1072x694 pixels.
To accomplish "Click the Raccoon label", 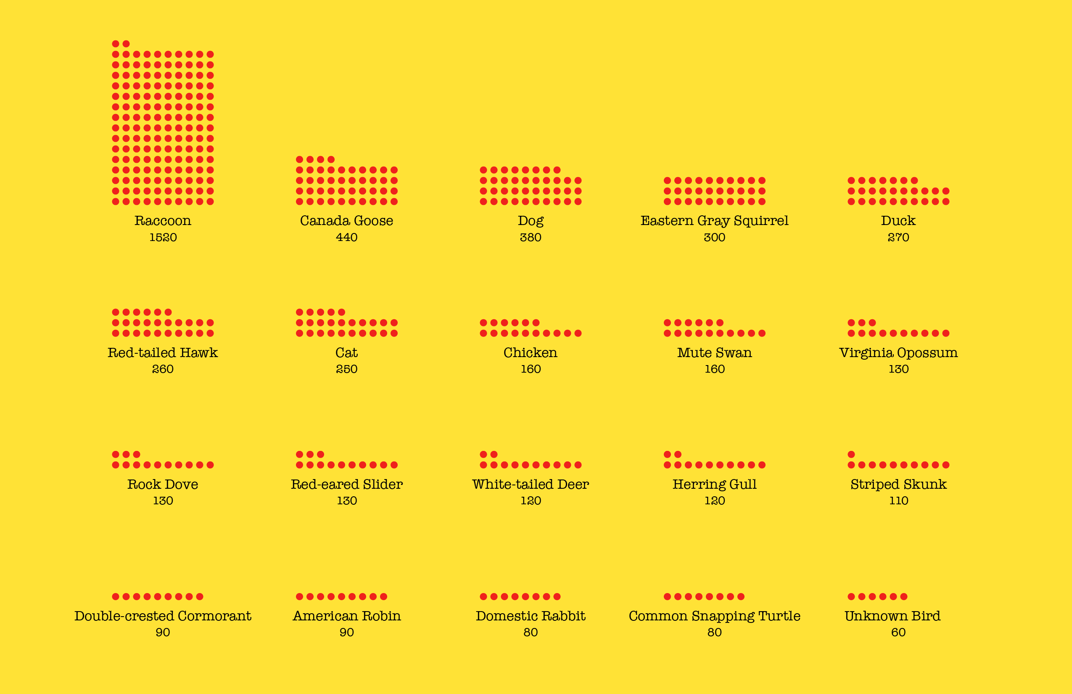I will point(163,221).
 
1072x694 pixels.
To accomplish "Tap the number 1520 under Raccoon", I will point(163,238).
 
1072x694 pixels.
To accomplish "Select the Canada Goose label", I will point(346,221).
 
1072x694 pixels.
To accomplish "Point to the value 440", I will point(346,238).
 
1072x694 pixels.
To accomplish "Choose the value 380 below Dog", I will point(531,238).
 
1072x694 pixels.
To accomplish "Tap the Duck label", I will point(898,221).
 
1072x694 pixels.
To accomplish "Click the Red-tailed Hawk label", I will point(163,353).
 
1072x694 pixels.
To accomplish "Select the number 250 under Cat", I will point(346,369).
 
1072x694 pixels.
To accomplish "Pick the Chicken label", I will point(531,353).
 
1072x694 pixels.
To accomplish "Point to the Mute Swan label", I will point(714,353).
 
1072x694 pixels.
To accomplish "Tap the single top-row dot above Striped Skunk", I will point(851,454).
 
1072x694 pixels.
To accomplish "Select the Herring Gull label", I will point(714,485).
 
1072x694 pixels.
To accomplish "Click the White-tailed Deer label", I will point(531,485).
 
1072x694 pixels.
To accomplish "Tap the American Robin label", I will point(346,616).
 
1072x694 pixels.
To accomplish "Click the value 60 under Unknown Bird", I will point(898,632).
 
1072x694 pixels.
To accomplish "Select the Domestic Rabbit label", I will point(531,616).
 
